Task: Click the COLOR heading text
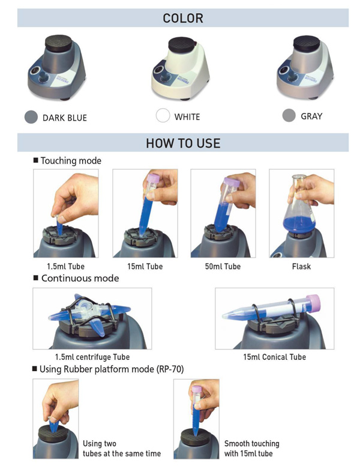coord(183,19)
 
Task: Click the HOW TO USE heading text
coord(183,143)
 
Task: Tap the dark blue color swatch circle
coord(31,117)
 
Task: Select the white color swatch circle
coord(163,115)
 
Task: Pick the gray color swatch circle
coord(289,115)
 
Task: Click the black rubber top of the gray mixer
coord(307,44)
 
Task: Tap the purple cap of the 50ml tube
coord(232,182)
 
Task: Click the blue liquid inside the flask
coord(299,224)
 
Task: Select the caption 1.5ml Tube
coord(65,267)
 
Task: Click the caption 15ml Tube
coord(145,267)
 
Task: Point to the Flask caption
coord(301,267)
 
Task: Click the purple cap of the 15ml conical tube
coord(313,303)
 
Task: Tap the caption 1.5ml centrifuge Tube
coord(92,357)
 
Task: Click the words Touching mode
coord(71,161)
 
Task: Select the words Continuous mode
coord(80,278)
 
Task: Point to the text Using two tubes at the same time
coord(122,449)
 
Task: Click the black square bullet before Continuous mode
coord(36,277)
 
